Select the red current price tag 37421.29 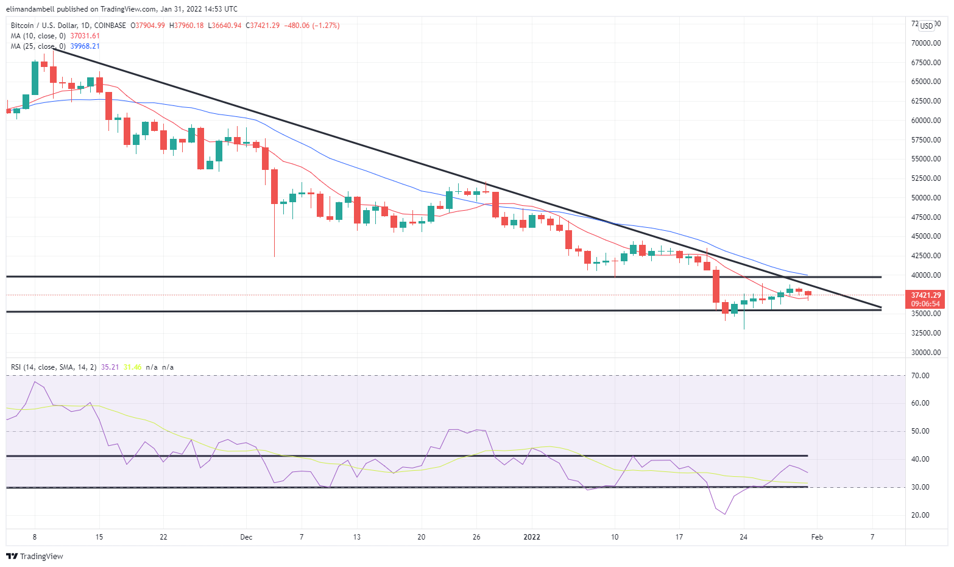point(925,295)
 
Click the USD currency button point(927,26)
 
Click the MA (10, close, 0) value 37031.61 point(85,36)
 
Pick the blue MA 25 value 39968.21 point(85,46)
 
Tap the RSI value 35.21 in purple point(110,367)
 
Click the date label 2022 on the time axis point(532,537)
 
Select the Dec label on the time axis point(246,537)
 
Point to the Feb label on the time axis point(817,537)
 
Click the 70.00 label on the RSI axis point(920,376)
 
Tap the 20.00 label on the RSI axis point(920,515)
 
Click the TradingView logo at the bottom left point(35,556)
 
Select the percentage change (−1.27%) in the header point(326,26)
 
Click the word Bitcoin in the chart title point(23,26)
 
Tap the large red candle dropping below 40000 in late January point(716,286)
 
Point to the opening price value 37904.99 point(150,26)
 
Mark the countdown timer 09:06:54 point(925,303)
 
